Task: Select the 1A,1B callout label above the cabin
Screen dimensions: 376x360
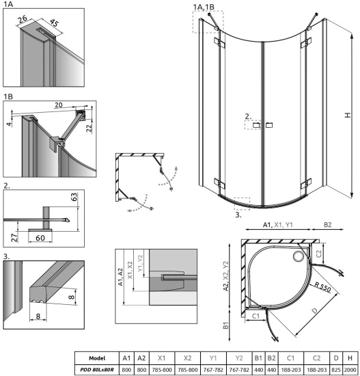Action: pos(205,7)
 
